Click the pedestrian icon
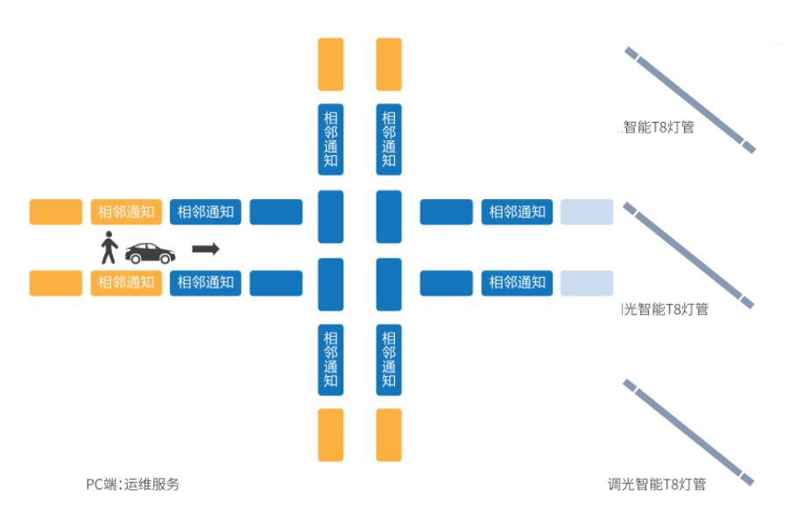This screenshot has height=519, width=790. [x=109, y=247]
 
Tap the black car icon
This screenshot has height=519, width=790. [x=150, y=252]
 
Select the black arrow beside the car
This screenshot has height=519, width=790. [x=205, y=249]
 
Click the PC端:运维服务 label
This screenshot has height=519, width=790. [x=132, y=484]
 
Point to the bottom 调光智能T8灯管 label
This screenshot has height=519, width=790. [x=657, y=484]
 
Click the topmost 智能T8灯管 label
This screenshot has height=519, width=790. [x=658, y=127]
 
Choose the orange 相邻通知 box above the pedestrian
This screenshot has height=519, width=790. [x=126, y=211]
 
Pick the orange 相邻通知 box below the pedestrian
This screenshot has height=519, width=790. [x=126, y=282]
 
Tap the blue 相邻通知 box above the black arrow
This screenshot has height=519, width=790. [x=206, y=211]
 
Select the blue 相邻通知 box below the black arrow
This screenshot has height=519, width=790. [x=206, y=282]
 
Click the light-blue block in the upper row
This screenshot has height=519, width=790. [x=587, y=211]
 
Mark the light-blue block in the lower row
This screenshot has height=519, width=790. [x=587, y=282]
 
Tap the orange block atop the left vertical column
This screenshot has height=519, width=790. [x=331, y=64]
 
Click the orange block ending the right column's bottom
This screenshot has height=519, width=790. [x=389, y=435]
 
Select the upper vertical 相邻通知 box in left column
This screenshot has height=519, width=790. [x=331, y=139]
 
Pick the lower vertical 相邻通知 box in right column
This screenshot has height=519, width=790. [x=389, y=359]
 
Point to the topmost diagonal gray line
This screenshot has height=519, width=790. [x=689, y=100]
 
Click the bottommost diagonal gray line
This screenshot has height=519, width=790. [x=689, y=432]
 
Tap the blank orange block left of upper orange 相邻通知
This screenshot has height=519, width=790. [x=56, y=211]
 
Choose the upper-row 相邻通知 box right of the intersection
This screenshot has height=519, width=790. [x=517, y=211]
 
